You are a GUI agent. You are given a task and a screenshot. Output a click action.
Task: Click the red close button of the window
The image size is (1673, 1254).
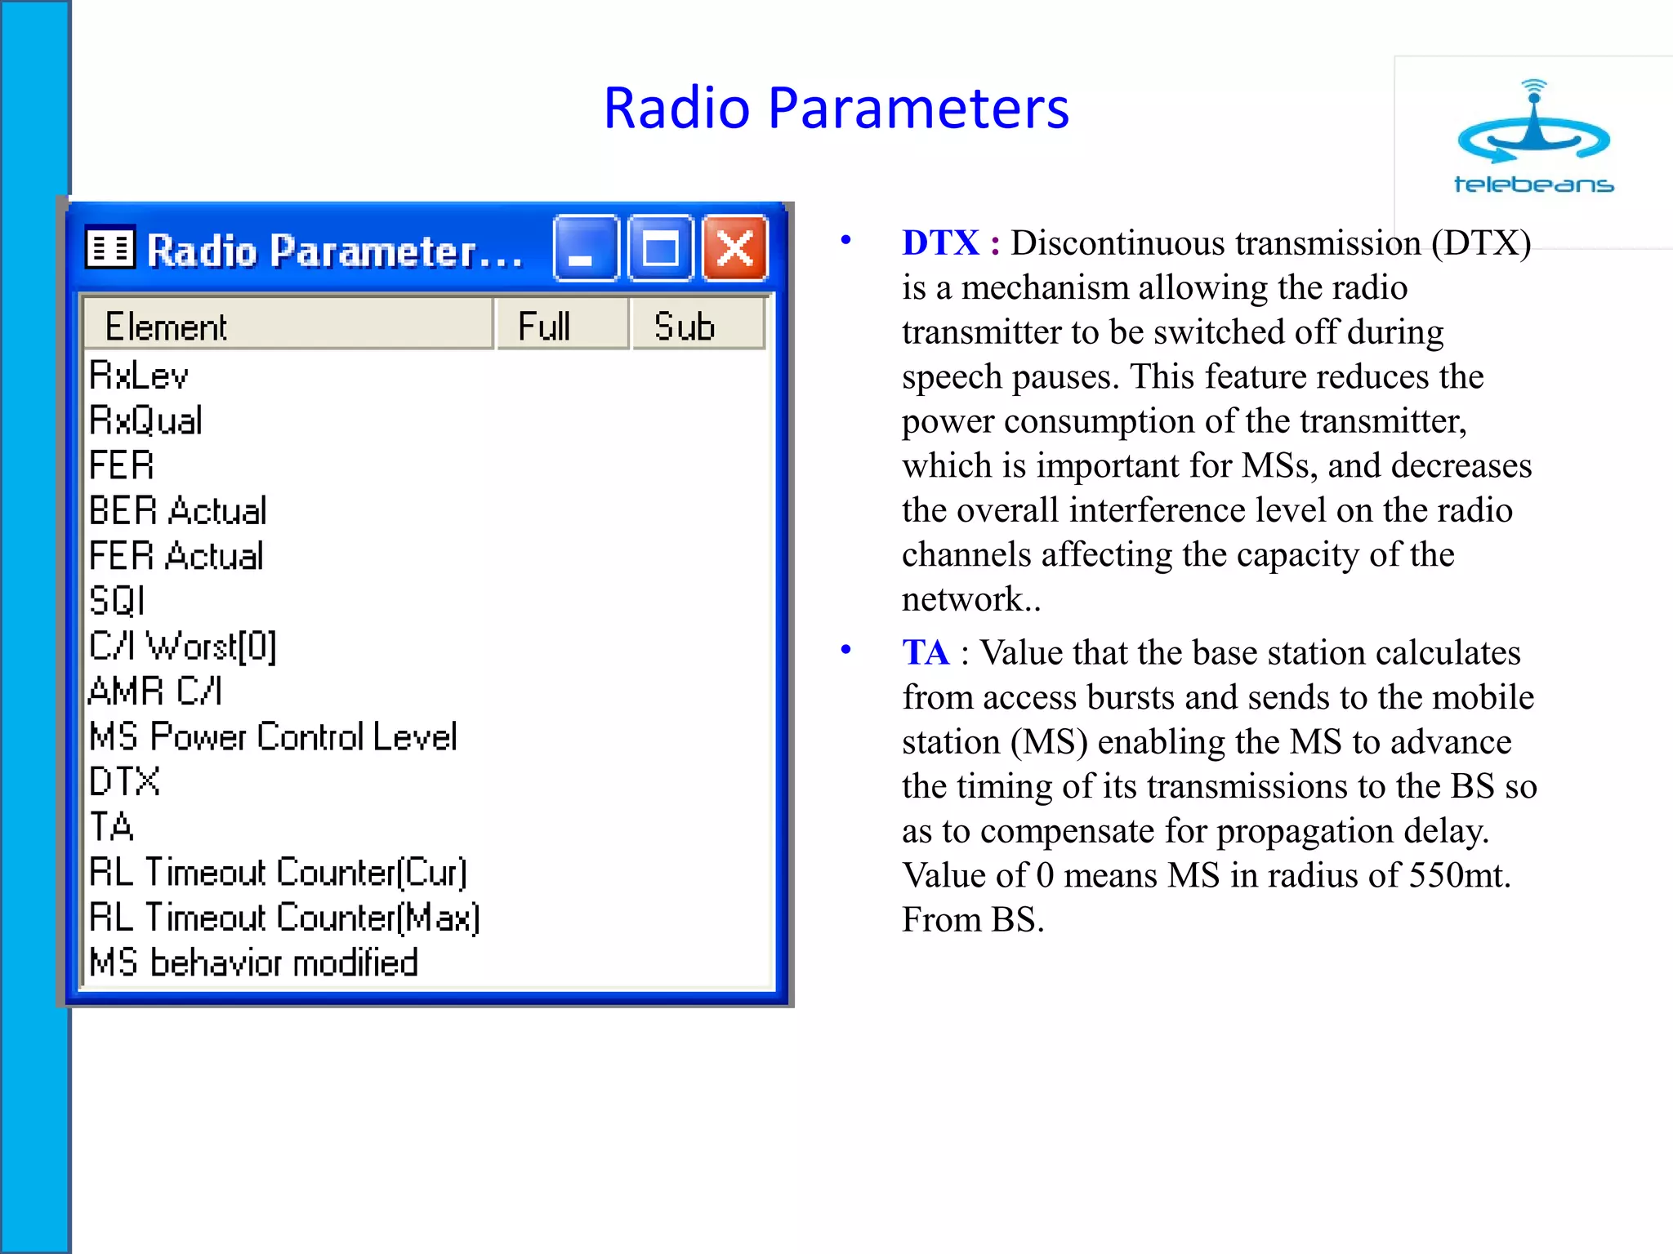735,249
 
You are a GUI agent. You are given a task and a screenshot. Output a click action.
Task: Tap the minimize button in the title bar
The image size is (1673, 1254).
585,249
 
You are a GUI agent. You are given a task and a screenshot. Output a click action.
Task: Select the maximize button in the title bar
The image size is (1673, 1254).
660,249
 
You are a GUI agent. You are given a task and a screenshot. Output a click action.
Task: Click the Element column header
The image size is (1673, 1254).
288,326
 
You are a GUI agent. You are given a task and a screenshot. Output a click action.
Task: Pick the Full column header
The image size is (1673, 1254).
562,326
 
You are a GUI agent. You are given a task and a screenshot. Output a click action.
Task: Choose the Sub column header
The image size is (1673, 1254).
698,326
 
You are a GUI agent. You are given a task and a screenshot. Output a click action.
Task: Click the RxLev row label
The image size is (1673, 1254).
139,376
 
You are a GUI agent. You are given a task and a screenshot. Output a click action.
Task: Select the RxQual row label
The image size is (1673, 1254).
145,420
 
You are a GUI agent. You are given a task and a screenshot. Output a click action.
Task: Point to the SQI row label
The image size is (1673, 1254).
117,601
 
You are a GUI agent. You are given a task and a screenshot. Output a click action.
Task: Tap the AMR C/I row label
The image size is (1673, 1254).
155,691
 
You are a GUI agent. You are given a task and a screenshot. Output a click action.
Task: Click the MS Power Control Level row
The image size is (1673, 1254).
273,736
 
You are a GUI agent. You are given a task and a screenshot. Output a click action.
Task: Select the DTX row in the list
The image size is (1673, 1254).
124,782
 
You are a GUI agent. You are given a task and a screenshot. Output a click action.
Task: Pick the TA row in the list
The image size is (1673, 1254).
111,827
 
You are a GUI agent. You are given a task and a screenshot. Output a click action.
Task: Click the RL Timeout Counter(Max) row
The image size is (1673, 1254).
284,918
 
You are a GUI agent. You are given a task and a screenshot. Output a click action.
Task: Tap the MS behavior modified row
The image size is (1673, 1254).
253,963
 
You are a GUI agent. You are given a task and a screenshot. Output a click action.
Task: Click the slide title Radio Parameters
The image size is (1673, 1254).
836,108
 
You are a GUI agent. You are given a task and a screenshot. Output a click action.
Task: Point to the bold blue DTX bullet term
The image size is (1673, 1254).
940,243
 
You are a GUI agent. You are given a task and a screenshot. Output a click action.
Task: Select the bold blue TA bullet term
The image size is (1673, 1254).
926,653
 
